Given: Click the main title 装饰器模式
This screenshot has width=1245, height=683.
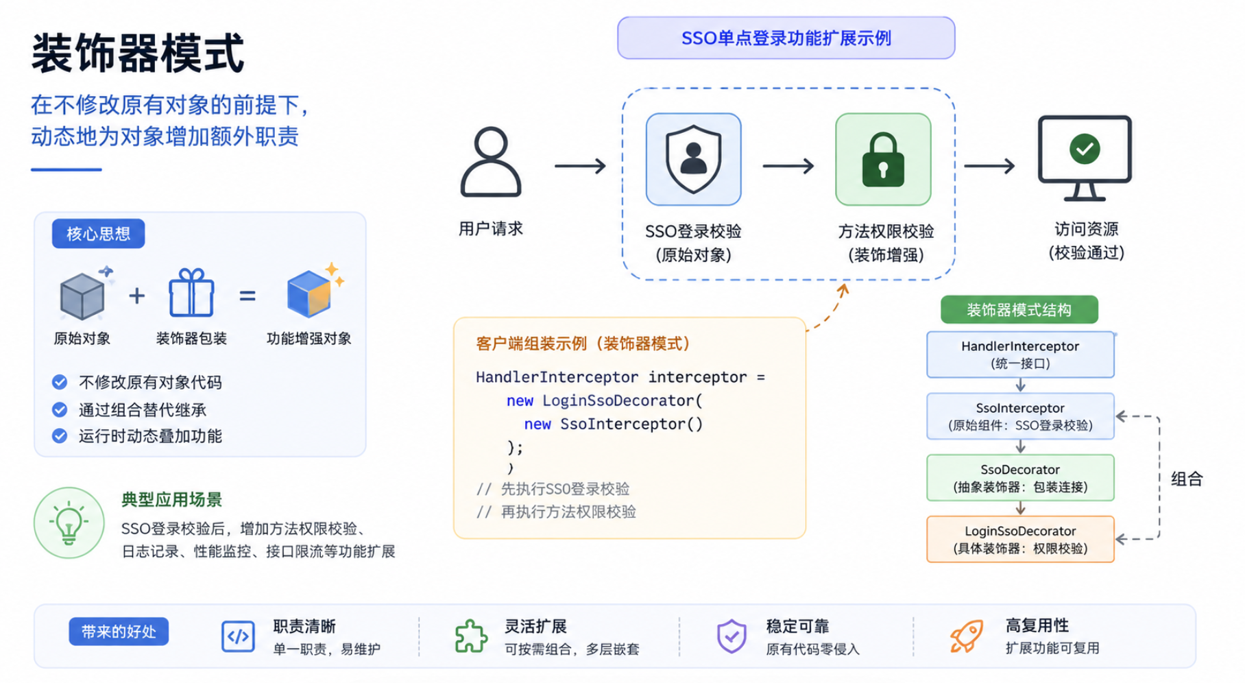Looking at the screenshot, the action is pos(138,53).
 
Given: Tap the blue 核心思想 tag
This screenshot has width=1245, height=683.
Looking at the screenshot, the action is pos(99,234).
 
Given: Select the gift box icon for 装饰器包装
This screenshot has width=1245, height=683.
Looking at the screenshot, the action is pos(191,293).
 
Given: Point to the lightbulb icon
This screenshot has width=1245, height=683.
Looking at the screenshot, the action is pos(69,523).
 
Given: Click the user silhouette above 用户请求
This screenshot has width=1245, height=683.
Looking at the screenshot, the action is pos(491,163).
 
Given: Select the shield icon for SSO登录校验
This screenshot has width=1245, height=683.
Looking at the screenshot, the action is pos(693,159).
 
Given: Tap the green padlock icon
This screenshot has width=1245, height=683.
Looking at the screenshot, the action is pos(883,159).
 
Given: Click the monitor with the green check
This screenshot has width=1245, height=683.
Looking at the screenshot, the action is pos(1085,158).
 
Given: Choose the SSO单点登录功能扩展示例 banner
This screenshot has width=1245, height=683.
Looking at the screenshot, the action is pos(786,38).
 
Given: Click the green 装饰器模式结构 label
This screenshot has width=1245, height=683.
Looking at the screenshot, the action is pos(1019,310).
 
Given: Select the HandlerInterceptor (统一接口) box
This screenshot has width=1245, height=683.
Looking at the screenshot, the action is pos(1020,355).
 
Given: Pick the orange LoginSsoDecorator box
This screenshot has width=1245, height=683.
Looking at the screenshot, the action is pos(1020,540).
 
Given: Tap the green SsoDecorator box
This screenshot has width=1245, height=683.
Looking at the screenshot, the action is pos(1020,478).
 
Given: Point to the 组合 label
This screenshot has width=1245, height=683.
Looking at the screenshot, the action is pos(1187,479).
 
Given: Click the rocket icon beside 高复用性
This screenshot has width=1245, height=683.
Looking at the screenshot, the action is pos(967,636).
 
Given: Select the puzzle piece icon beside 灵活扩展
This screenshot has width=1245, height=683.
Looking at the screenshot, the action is pos(471,636).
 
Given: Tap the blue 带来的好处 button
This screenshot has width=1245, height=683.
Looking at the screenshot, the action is pos(119,632).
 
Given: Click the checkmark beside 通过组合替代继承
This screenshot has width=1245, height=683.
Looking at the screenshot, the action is pos(60,409).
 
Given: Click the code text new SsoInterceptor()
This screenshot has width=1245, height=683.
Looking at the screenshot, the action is pos(614,424).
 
